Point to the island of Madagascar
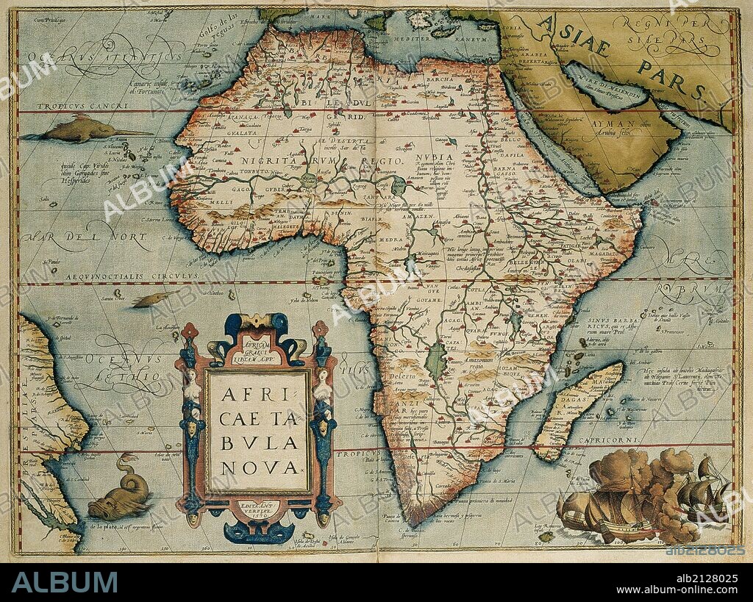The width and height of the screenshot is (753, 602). (x=578, y=409)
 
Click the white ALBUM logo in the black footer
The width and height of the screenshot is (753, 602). (x=65, y=582)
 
